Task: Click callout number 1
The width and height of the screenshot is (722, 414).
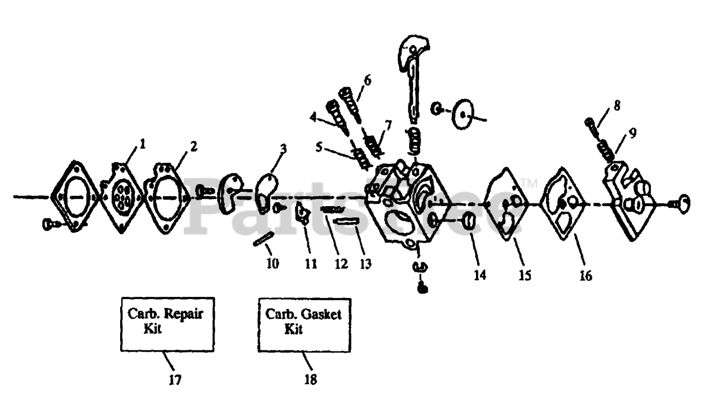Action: pos(143,144)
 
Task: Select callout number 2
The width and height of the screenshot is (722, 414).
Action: pos(193,146)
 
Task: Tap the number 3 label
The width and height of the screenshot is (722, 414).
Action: pos(283,149)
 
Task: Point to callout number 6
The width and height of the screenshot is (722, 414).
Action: pos(367,80)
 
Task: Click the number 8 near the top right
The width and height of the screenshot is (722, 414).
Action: pos(617,105)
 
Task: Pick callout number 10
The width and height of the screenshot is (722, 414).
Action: pos(272,263)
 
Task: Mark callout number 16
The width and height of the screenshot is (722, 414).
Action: pos(585,276)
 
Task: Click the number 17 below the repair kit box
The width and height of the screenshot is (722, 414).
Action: pos(175,380)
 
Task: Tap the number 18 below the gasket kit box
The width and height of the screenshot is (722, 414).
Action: pos(310,380)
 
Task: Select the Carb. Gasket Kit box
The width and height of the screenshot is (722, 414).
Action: pos(304,324)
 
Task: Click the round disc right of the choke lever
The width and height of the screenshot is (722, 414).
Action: pos(463,115)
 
